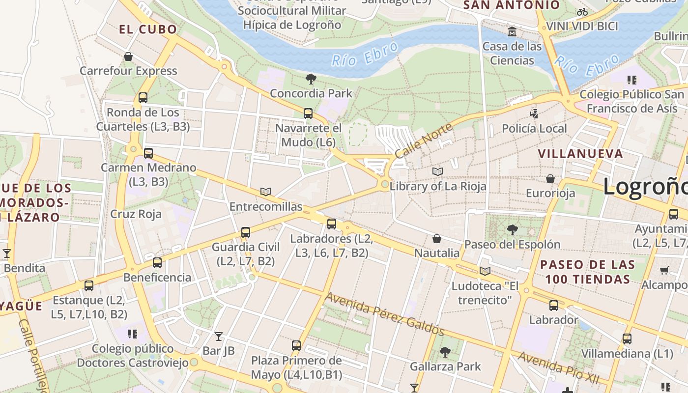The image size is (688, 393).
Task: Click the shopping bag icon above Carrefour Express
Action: pos(128,57)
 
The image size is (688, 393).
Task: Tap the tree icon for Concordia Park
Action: pos(311,79)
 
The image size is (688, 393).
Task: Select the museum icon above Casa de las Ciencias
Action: pos(512,32)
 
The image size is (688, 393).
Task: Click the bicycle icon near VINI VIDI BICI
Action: pos(582,12)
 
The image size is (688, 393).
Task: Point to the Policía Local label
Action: pos(534,128)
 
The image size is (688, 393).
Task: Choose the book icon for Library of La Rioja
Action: pos(437,171)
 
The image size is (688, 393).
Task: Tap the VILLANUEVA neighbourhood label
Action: pos(580,154)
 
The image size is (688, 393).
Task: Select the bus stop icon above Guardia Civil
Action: pos(246,232)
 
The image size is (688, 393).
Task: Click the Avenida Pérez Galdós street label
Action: pos(385,314)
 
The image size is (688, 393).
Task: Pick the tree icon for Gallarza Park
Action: pos(445,352)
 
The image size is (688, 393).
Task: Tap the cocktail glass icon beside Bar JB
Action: pos(219,337)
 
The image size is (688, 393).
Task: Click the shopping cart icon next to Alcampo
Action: pos(664,270)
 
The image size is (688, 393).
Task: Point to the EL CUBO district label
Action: pos(148,29)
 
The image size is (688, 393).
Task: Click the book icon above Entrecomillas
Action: pos(266,192)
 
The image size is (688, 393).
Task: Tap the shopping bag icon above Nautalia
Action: pos(437,239)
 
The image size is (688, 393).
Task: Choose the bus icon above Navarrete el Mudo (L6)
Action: pos(308,113)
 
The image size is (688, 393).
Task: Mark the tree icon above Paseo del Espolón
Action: pos(512,229)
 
